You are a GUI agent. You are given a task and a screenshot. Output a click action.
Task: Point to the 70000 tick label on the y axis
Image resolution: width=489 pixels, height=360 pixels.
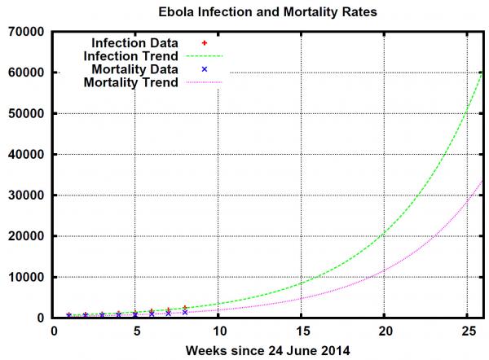tap(27, 32)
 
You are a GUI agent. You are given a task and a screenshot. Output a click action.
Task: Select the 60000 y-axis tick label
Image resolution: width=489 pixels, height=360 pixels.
tap(27, 72)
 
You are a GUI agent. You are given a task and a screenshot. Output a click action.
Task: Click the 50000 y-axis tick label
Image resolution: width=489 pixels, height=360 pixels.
tap(27, 113)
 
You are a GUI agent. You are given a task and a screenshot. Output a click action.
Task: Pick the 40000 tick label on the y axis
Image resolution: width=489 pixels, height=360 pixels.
tap(27, 154)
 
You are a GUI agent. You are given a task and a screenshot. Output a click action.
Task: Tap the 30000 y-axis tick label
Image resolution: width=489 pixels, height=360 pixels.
tap(27, 195)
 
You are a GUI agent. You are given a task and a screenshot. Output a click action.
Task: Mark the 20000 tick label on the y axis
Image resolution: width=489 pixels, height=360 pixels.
tap(27, 236)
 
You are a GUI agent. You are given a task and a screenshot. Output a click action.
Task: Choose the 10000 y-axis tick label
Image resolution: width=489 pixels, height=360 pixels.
tap(27, 277)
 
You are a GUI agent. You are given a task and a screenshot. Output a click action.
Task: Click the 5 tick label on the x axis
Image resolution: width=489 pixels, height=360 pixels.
tap(136, 331)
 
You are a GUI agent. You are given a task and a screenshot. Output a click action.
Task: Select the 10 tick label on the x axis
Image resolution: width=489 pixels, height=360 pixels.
tap(218, 331)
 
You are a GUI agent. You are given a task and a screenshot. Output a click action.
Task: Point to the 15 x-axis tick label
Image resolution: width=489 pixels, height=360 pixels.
tap(302, 331)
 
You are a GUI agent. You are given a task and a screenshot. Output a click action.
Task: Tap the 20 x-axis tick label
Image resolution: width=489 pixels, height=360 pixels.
tap(385, 331)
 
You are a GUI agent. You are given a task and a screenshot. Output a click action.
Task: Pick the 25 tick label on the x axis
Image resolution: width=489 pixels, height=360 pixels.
tap(467, 331)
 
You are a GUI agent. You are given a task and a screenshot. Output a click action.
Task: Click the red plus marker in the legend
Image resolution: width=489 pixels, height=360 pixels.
tap(205, 42)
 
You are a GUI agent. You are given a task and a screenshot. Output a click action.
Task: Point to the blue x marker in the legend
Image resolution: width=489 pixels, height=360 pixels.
tap(205, 69)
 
